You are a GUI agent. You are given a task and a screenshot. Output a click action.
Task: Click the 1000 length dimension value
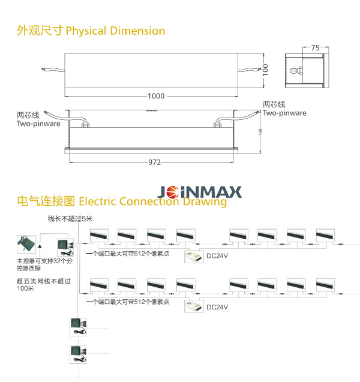pos(156,97)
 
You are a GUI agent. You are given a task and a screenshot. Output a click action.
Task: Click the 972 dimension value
pos(154,162)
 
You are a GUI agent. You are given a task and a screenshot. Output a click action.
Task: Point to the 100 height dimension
pos(266,70)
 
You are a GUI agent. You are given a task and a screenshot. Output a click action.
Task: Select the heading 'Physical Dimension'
pos(115,31)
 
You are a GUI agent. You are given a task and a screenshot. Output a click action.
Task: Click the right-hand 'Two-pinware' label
pos(284,113)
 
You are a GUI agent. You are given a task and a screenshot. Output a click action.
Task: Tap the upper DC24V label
pos(217,255)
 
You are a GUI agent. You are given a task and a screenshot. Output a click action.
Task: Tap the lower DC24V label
pos(217,307)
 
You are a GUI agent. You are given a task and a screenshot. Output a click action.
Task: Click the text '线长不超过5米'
pos(71,218)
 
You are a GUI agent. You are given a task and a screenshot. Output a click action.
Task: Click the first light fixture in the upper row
pos(98,235)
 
